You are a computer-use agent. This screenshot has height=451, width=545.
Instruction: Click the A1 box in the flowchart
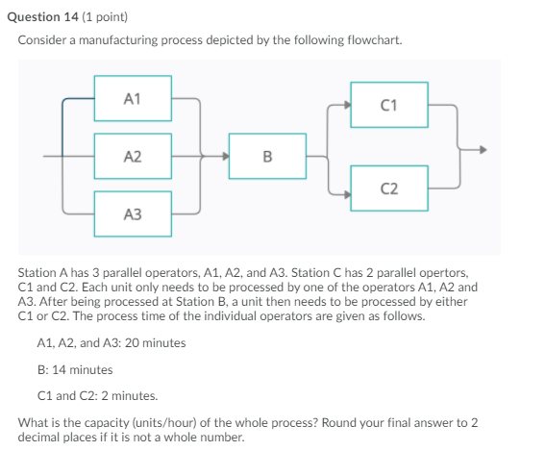coord(133,98)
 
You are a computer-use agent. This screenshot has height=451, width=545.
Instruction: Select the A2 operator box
coord(133,156)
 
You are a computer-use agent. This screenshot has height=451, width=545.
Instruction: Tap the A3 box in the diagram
coord(133,213)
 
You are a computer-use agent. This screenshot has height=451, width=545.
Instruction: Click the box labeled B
coord(267,156)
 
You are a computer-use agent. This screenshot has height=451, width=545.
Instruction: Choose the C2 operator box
coord(388,187)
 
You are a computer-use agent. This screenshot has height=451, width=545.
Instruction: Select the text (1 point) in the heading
coord(101,17)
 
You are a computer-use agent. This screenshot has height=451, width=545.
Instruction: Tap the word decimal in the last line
coord(41,437)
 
